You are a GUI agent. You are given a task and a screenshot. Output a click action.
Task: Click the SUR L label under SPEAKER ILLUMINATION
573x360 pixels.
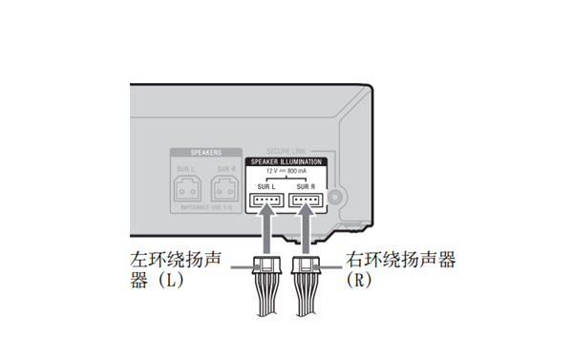click(x=266, y=187)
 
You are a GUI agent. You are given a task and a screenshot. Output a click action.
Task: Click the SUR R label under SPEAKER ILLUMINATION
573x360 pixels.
click(x=306, y=187)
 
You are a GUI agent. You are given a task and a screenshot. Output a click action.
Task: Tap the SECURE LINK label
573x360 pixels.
click(x=286, y=151)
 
